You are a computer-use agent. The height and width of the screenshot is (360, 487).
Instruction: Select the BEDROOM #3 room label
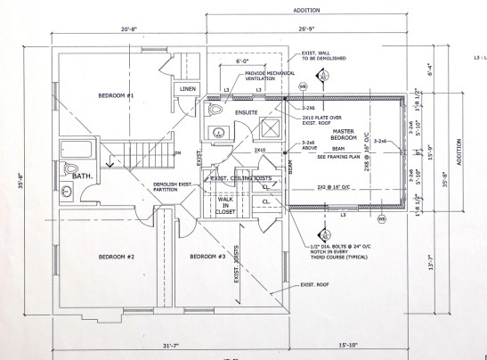207,257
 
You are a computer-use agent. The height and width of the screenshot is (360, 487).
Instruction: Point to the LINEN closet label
188,90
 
